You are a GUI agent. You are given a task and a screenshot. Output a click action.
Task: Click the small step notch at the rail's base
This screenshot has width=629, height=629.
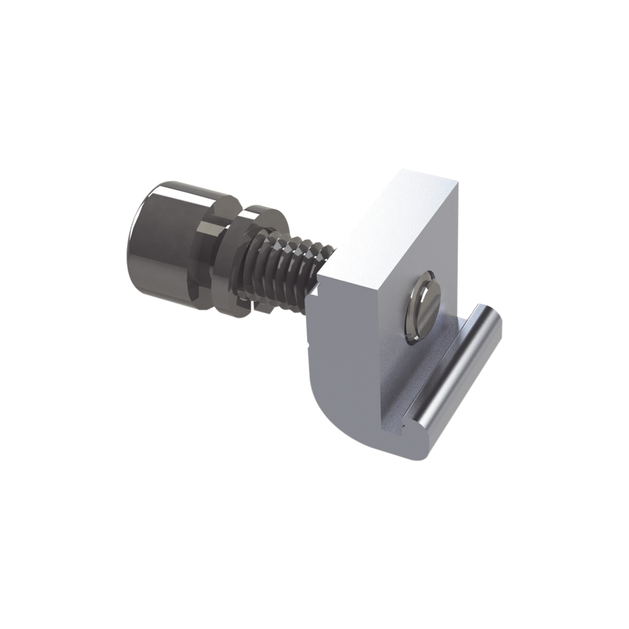point(399,431)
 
